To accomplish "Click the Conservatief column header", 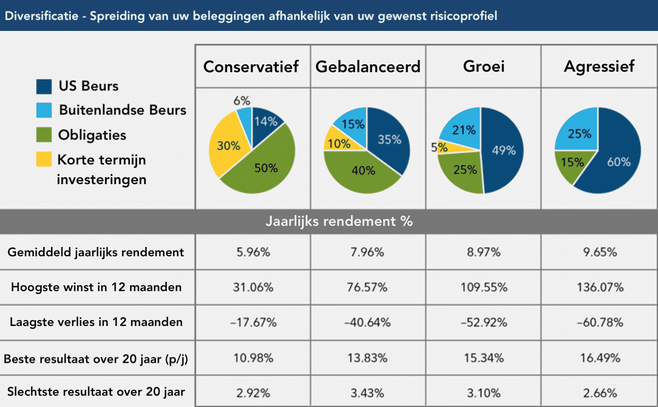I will click(x=251, y=67).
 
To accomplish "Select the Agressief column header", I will click(x=599, y=67).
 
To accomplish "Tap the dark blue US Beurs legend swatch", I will click(x=44, y=86).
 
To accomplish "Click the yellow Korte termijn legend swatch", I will click(x=44, y=160).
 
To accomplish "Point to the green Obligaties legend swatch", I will click(x=44, y=135).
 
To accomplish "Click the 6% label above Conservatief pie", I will click(x=242, y=101).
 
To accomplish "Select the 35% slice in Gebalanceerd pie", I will click(x=389, y=139).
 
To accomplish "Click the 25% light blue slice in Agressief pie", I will click(x=579, y=133).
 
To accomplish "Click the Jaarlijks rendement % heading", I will click(x=339, y=221).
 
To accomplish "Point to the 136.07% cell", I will click(x=600, y=287).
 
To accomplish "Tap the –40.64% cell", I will click(x=368, y=323).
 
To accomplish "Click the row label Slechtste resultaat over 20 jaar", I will click(x=96, y=392).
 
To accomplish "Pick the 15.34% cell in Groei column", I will click(x=483, y=358).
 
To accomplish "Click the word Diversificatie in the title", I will click(x=37, y=16).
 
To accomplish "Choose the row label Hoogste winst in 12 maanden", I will click(x=96, y=287).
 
